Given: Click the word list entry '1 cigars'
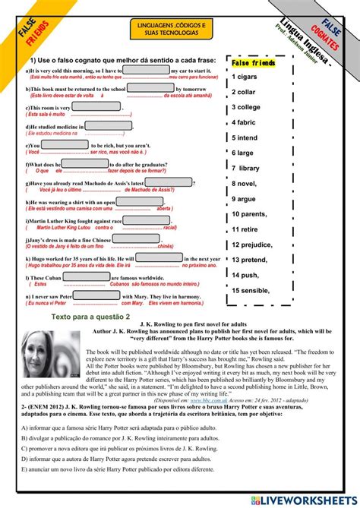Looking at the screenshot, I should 246,77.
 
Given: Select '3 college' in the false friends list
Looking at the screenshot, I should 248,107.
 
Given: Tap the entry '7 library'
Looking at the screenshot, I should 246,168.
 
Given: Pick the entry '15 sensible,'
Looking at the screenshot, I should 253,290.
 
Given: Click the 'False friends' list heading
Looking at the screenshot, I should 254,62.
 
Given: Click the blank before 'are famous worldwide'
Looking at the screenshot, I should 84,279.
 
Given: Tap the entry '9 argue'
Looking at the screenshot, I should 245,199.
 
